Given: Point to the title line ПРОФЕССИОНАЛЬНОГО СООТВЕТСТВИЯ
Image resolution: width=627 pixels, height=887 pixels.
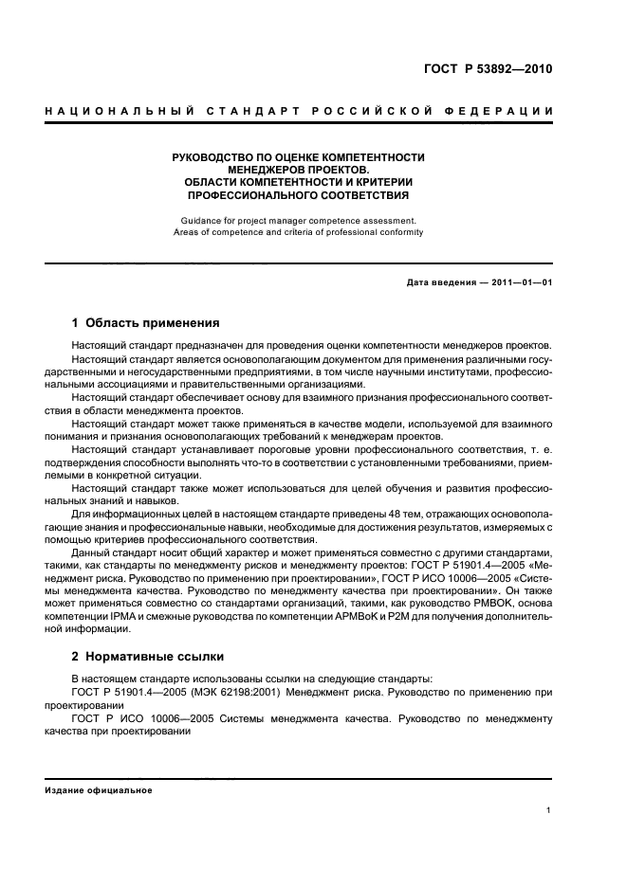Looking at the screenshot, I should [298, 195].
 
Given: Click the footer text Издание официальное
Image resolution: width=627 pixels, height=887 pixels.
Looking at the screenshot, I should [99, 790].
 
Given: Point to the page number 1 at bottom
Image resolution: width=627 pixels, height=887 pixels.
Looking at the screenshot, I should [549, 810].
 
